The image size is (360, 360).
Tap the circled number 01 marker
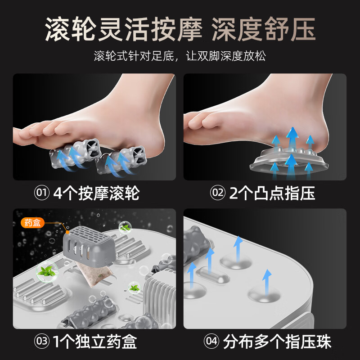(41, 193)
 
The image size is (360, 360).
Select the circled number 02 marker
(218, 193)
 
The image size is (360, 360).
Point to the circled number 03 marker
(41, 342)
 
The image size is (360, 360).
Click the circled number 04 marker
(211, 342)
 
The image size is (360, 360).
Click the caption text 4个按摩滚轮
(96, 193)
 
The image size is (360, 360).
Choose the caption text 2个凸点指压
(272, 193)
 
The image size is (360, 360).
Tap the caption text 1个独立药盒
(96, 342)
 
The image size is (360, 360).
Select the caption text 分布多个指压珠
(277, 342)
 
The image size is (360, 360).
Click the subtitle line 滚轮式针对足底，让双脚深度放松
(180, 56)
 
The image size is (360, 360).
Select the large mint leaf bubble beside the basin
(45, 271)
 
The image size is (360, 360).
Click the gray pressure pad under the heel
(288, 157)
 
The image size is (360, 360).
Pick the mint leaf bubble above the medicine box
(125, 228)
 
